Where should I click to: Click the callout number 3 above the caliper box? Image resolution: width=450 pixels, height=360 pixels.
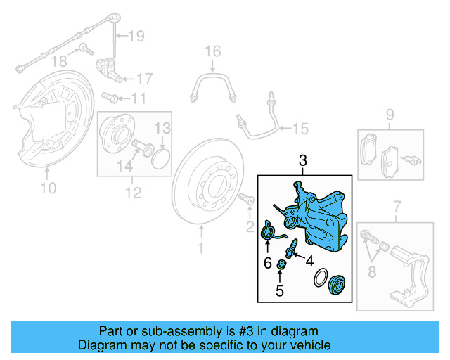coord(303,161)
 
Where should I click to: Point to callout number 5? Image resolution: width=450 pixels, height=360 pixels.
coord(279,290)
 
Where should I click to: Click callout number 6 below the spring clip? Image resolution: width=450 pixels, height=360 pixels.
coord(267,264)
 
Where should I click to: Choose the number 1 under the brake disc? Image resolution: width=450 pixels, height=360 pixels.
coord(200,248)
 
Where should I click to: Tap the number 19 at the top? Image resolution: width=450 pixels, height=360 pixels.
coord(136,35)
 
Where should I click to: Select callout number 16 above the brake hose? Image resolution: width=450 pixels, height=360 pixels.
coord(212,52)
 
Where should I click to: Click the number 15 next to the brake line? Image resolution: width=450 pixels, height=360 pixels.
coord(300,128)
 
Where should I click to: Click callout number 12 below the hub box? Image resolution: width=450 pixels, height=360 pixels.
coord(133,191)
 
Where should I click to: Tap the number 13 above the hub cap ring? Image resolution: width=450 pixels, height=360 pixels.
coord(162,128)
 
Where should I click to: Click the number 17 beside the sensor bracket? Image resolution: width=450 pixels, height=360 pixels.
coord(143,78)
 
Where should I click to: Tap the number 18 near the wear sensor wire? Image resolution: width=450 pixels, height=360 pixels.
coord(62,61)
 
